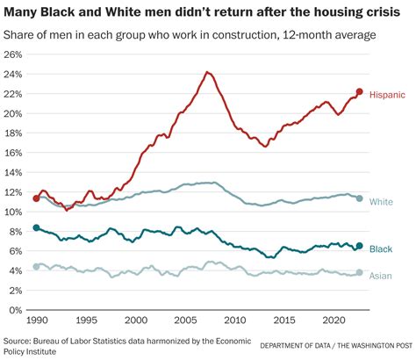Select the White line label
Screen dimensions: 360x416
[381, 201]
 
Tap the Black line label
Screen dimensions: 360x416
[381, 250]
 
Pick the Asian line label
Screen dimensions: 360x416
[381, 275]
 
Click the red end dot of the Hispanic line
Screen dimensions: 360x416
[359, 91]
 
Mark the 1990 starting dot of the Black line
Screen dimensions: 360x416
[36, 227]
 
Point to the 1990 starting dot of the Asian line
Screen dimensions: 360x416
[36, 267]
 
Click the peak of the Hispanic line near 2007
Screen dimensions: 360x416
[206, 72]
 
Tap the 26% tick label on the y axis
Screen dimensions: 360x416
[13, 54]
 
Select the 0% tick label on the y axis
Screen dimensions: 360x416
[16, 310]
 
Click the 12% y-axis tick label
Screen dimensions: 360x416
[13, 191]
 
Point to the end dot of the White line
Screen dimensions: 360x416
[359, 198]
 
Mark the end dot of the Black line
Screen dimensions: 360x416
[359, 247]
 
